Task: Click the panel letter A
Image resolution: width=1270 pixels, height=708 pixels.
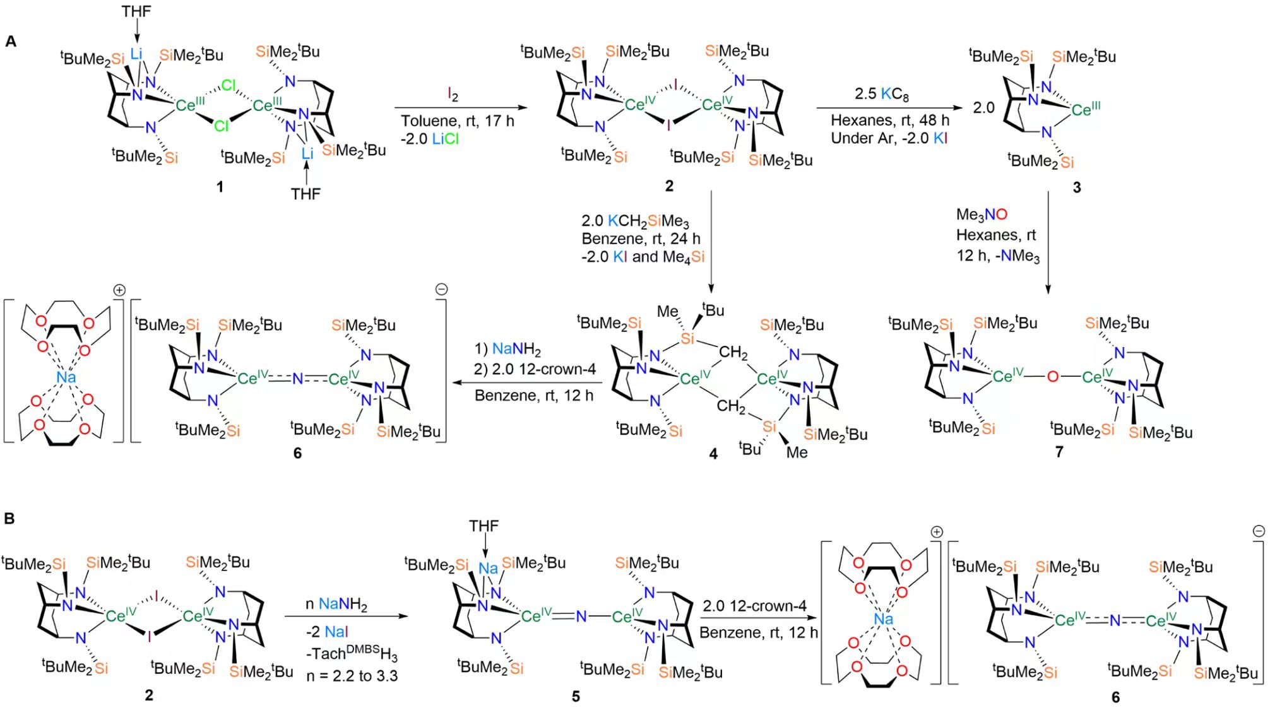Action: coord(10,42)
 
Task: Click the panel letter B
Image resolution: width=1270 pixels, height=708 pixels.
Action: coord(9,518)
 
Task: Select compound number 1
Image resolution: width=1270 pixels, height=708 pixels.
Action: coord(220,187)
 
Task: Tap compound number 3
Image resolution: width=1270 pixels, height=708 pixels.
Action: coord(1077,187)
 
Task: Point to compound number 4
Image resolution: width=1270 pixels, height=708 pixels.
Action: coord(713,454)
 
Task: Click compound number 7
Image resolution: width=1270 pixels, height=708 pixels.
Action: coord(1059,452)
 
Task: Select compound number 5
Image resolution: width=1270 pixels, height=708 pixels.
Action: coord(576,697)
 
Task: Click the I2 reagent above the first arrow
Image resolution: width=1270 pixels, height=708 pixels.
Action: coord(453,95)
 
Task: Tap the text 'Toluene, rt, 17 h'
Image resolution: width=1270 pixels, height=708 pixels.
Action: coord(458,121)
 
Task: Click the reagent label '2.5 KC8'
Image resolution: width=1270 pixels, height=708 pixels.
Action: coord(882,95)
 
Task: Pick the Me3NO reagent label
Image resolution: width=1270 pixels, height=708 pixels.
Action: coord(982,215)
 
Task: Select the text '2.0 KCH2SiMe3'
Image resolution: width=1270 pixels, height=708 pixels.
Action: coord(635,221)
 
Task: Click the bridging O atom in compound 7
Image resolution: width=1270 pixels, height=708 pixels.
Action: coord(1052,377)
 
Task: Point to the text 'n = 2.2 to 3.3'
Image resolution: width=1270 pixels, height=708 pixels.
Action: coord(352,676)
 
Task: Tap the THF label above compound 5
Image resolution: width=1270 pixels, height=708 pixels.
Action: coord(484,526)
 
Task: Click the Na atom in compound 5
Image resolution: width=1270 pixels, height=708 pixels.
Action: coord(488,568)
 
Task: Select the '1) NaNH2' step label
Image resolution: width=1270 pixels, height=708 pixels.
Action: coord(507,349)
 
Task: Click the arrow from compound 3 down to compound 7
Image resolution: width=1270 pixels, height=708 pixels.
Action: coord(1048,243)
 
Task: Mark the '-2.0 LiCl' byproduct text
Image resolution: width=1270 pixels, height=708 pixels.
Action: coord(430,139)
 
